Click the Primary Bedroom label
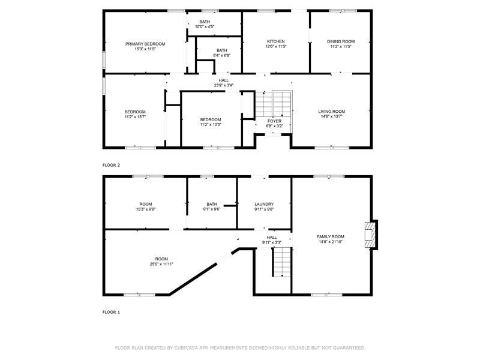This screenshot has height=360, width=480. click(x=145, y=44)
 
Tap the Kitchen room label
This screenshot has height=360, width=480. click(x=276, y=41)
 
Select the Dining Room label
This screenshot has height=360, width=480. click(x=341, y=41)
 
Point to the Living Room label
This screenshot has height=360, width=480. click(x=332, y=112)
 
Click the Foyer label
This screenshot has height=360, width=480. click(x=274, y=121)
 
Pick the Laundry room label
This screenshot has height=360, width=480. click(x=264, y=204)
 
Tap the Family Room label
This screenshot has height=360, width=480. click(x=331, y=236)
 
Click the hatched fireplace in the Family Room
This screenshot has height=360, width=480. click(x=370, y=235)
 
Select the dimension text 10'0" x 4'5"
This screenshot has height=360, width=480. click(x=205, y=26)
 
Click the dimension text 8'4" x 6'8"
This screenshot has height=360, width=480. click(x=222, y=55)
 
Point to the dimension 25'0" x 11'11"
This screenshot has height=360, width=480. click(x=161, y=264)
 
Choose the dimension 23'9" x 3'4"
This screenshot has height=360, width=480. click(x=224, y=85)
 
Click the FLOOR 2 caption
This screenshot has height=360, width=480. click(x=111, y=165)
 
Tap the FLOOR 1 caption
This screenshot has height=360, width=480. click(x=111, y=312)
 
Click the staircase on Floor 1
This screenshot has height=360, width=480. click(x=281, y=262)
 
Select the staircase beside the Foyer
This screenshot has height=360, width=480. click(x=274, y=104)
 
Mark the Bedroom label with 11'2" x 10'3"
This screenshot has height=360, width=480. click(x=211, y=119)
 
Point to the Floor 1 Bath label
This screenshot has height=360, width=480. click(x=212, y=204)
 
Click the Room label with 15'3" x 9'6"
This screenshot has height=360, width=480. click(x=146, y=204)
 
